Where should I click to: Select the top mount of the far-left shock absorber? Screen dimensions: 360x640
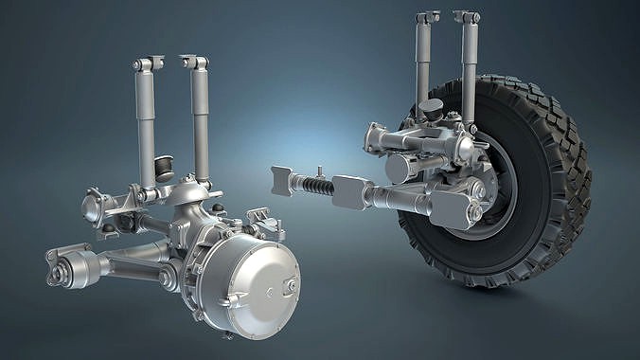tap(147, 64)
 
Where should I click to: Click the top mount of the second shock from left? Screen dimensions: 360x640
tap(195, 63)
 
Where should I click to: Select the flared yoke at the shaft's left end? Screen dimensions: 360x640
tap(282, 180)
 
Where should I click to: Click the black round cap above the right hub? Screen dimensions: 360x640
tap(432, 108)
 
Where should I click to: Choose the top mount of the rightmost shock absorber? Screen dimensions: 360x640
tap(467, 17)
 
